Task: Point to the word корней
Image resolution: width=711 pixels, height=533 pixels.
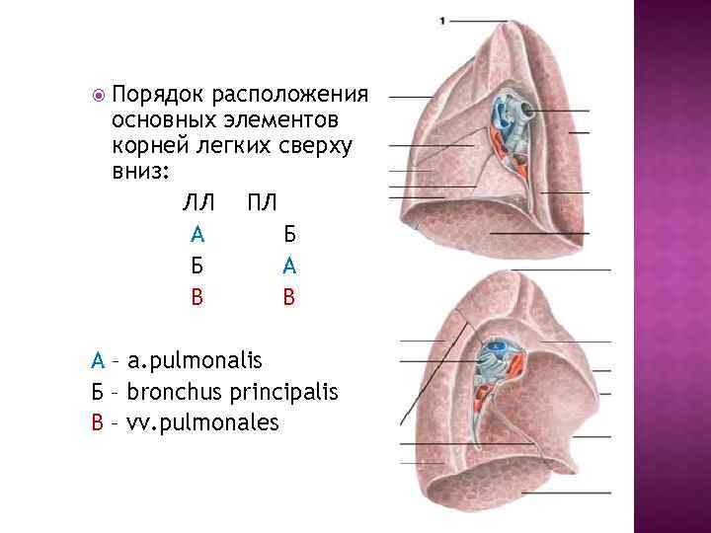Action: pyautogui.click(x=153, y=145)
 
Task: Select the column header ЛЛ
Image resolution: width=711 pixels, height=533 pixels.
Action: pyautogui.click(x=197, y=203)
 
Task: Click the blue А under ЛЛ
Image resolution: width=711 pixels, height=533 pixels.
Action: pyautogui.click(x=197, y=235)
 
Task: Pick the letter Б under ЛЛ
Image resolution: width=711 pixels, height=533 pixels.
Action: pyautogui.click(x=197, y=266)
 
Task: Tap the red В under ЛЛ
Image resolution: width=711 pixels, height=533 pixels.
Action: pyautogui.click(x=197, y=297)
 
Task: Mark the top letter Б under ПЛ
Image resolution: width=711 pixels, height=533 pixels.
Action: pyautogui.click(x=288, y=235)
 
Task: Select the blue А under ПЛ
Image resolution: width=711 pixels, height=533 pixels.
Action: pyautogui.click(x=288, y=266)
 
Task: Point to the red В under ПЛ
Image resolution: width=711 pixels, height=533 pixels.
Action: pyautogui.click(x=288, y=297)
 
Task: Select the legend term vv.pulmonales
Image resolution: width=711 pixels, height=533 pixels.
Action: pyautogui.click(x=211, y=423)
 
